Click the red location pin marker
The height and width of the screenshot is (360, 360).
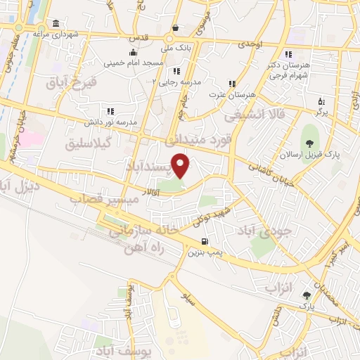click(181, 165)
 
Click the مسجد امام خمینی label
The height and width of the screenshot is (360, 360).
click(134, 63)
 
